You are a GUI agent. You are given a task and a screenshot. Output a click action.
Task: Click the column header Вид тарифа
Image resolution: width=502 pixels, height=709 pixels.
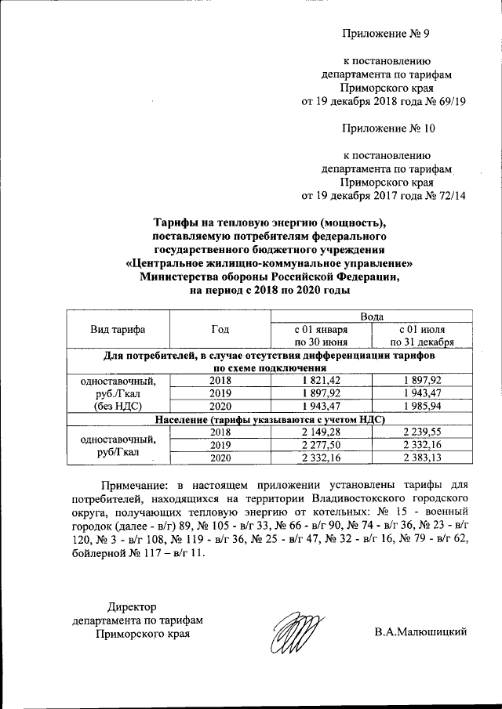[x=118, y=329]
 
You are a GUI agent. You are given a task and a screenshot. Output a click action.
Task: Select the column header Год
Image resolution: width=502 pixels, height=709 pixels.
[x=220, y=329]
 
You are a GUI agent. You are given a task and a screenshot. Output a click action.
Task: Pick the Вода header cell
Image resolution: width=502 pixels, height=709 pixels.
[x=371, y=316]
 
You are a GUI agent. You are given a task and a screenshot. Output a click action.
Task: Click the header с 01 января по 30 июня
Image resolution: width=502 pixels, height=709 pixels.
[x=321, y=335]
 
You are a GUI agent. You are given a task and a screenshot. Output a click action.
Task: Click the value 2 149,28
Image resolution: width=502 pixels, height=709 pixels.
[x=321, y=432]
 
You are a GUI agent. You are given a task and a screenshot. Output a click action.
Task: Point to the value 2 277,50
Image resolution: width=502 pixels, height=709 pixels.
[x=321, y=445]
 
